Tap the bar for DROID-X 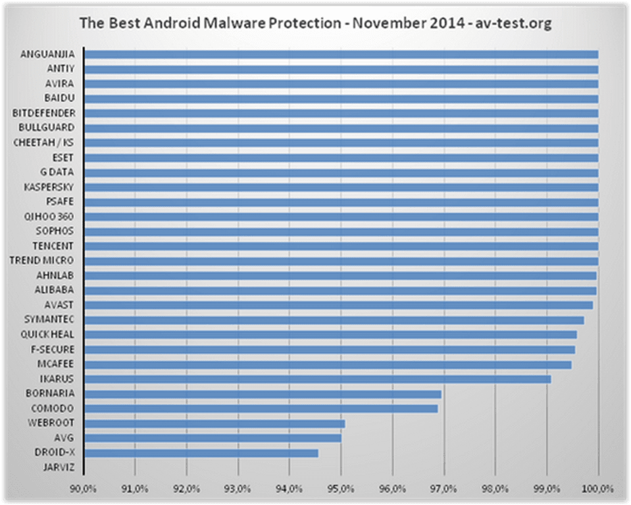coord(201,453)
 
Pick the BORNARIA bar coord(263,394)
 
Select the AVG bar coord(213,438)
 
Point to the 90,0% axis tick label coord(84,489)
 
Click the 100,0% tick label coord(598,489)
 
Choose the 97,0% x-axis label coord(444,489)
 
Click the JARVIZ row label coord(59,468)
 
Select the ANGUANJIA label coord(48,54)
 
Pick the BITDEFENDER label coord(44,113)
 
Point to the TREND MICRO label coord(41,260)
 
